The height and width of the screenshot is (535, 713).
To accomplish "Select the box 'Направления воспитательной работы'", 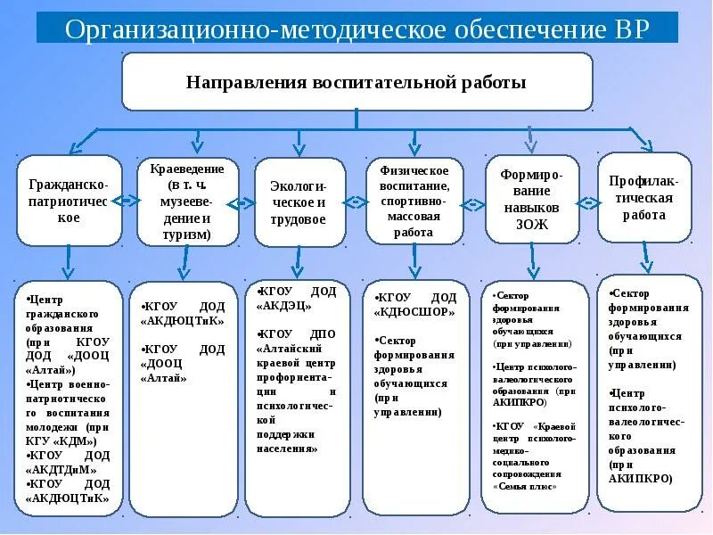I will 356,82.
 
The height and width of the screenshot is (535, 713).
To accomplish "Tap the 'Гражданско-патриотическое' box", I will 69,202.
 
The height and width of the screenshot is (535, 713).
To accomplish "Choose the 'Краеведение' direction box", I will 187,202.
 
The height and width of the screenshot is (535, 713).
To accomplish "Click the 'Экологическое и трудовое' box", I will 299,202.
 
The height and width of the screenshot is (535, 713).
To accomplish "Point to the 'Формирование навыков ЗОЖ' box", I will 532,198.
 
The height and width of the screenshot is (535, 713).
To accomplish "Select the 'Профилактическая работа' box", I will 643,197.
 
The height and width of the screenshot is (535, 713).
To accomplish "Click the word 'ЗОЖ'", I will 532,225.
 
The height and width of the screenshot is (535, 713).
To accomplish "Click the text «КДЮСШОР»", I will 415,312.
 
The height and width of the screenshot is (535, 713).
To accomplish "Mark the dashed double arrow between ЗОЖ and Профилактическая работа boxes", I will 588,199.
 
